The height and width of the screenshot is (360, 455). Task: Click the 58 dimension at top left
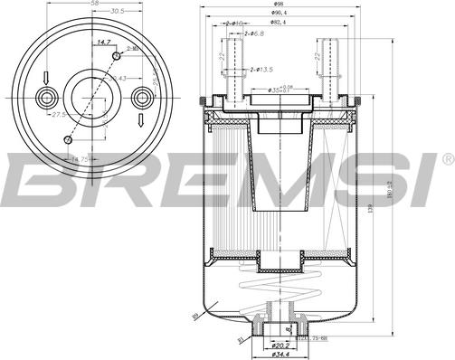coord(94,5)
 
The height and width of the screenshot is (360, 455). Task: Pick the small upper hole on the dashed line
coord(116,56)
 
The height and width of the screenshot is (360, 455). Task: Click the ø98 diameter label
coord(279,5)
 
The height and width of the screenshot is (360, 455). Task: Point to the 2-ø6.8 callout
coord(256,33)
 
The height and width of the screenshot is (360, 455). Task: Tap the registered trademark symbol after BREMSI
coord(447,160)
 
